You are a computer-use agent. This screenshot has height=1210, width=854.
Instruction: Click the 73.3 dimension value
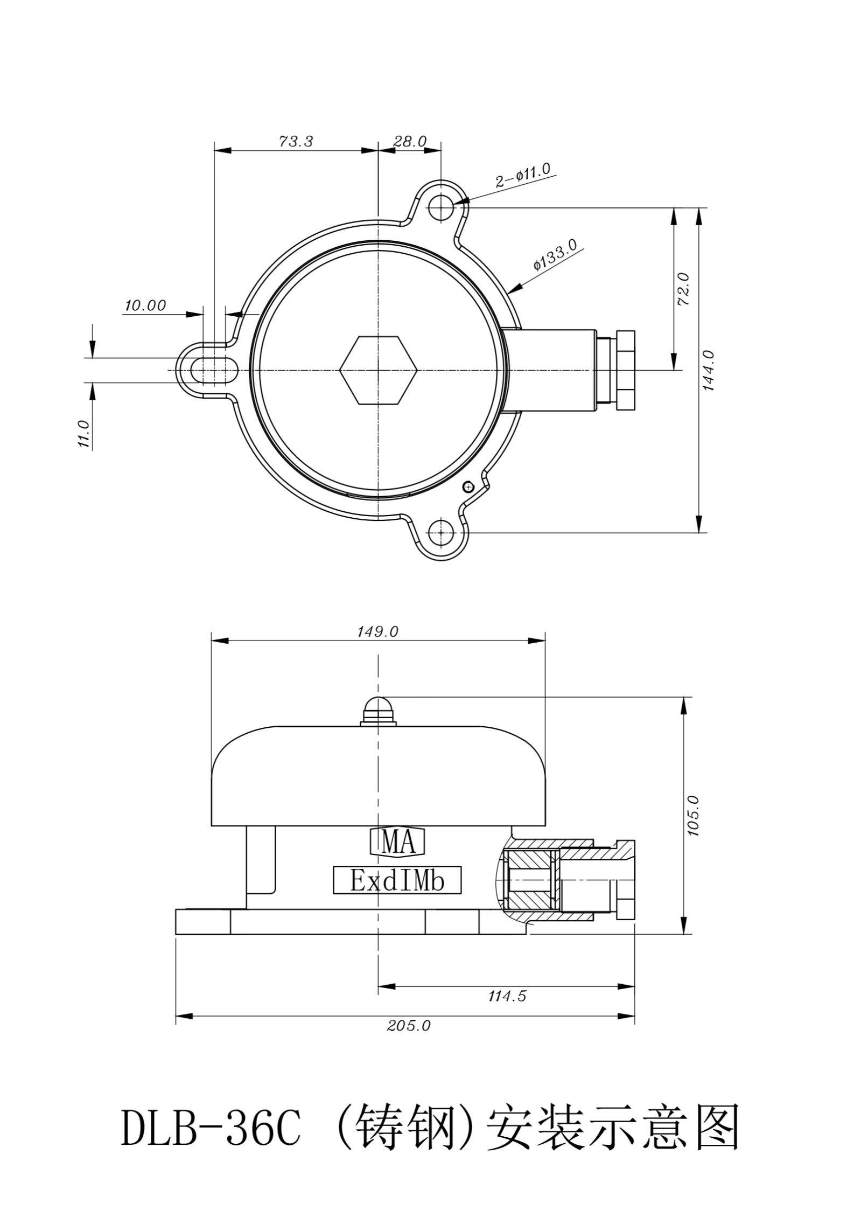pyautogui.click(x=296, y=141)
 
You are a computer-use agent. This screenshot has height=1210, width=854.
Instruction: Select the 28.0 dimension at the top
pyautogui.click(x=410, y=141)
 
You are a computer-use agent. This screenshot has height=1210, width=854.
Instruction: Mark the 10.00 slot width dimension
pyautogui.click(x=145, y=305)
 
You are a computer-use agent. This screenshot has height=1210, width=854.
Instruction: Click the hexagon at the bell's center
pyautogui.click(x=379, y=370)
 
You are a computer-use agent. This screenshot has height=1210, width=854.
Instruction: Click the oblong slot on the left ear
pyautogui.click(x=214, y=370)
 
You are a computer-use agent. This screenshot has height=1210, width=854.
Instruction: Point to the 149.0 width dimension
pyautogui.click(x=377, y=631)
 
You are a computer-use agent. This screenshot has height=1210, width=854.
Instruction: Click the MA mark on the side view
pyautogui.click(x=399, y=843)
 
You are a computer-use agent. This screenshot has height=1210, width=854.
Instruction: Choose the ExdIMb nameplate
pyautogui.click(x=397, y=880)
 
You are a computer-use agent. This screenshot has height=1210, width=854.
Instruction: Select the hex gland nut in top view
pyautogui.click(x=626, y=370)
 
